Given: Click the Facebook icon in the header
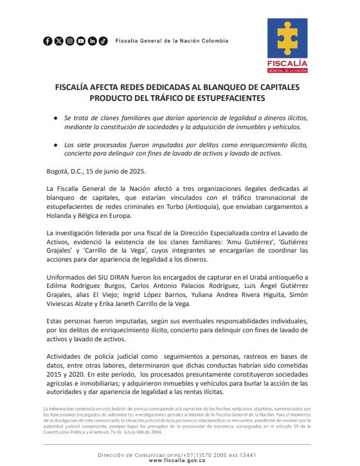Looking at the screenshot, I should click(x=48, y=41).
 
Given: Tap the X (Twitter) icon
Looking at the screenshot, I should click(x=59, y=41).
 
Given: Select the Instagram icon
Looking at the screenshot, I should click(x=70, y=41).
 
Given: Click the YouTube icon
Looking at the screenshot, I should click(x=81, y=41).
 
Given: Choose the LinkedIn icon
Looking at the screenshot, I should click(x=92, y=41).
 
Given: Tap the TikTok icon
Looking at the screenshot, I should click(x=103, y=41).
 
